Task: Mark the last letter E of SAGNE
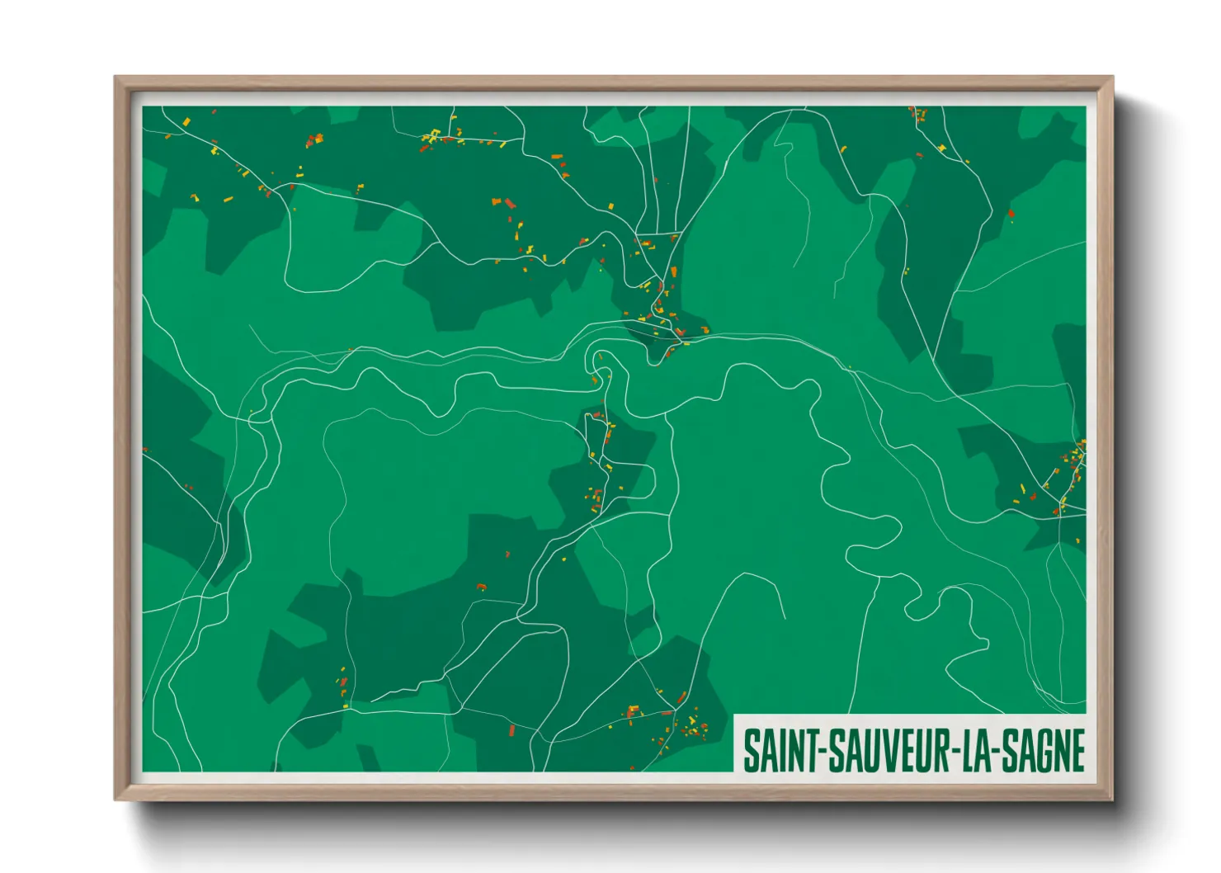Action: (x=1077, y=751)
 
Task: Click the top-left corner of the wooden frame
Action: (x=115, y=78)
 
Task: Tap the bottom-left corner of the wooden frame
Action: (x=115, y=799)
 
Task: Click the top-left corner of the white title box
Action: (x=734, y=715)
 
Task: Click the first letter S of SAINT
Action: (x=752, y=751)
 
